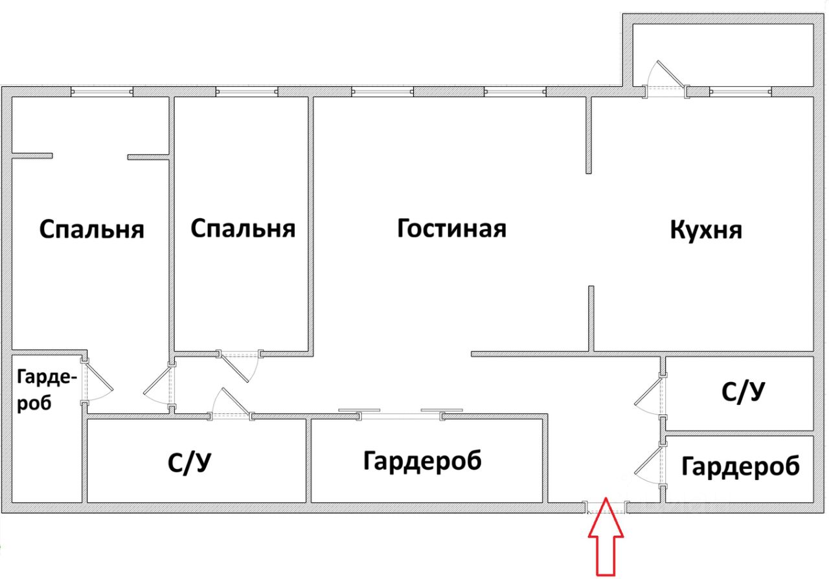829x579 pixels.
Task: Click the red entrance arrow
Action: pos(606,538)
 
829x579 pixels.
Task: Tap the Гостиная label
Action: pos(451,229)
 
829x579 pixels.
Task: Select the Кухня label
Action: pos(706,230)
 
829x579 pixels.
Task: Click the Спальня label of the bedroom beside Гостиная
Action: pos(244,229)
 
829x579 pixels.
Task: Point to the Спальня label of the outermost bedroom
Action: pos(91,229)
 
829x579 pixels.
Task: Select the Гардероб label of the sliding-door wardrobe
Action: pos(422,461)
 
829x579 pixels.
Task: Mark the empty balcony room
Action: pos(722,54)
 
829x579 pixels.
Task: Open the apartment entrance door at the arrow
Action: pos(606,507)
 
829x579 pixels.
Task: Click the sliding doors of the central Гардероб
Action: pos(402,413)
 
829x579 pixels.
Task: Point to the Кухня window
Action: pos(739,91)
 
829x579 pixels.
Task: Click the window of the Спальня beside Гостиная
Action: pos(246,91)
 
